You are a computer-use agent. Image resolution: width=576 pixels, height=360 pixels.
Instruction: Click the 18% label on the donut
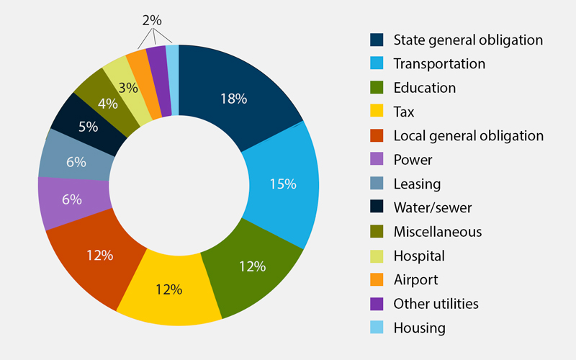pyautogui.click(x=234, y=99)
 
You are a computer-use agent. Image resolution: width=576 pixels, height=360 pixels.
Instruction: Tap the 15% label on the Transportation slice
pyautogui.click(x=283, y=184)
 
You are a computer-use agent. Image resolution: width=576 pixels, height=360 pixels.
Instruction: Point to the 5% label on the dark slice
pyautogui.click(x=89, y=127)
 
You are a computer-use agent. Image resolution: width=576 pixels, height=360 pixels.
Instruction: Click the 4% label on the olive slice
pyautogui.click(x=107, y=103)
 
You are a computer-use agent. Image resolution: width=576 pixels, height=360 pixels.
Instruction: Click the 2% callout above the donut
pyautogui.click(x=152, y=21)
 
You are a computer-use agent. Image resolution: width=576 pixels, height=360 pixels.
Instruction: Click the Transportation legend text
pyautogui.click(x=439, y=63)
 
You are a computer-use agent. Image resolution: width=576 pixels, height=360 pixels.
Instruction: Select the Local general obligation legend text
pyautogui.click(x=468, y=135)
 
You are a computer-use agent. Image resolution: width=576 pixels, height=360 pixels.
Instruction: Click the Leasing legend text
pyautogui.click(x=417, y=184)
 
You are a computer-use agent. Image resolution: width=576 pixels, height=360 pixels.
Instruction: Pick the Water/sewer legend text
pyautogui.click(x=431, y=207)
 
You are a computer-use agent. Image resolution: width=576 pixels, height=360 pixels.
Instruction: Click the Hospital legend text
pyautogui.click(x=419, y=256)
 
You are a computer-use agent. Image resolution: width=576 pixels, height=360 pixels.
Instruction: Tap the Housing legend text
pyautogui.click(x=419, y=328)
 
